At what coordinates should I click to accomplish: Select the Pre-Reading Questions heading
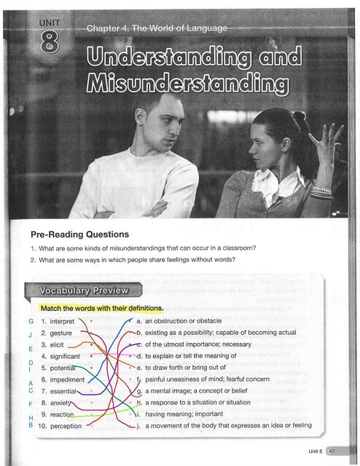[79, 234]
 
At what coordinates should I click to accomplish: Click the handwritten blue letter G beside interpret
[31, 322]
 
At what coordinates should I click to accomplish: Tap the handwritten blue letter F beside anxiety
[31, 403]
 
